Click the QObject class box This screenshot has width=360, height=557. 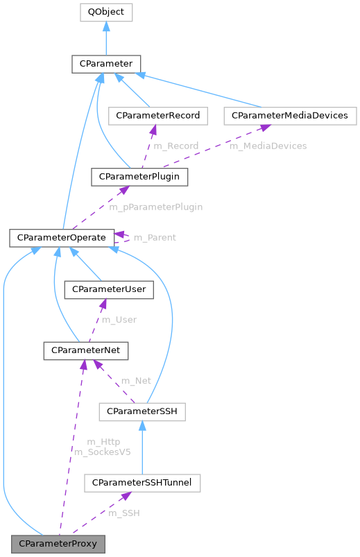pyautogui.click(x=105, y=12)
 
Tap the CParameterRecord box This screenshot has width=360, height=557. pyautogui.click(x=159, y=115)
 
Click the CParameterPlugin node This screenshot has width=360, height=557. pyautogui.click(x=139, y=177)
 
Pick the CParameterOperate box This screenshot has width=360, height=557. pyautogui.click(x=62, y=238)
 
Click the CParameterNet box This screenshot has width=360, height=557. pyautogui.click(x=85, y=351)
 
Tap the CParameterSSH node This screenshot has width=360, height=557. pyautogui.click(x=142, y=412)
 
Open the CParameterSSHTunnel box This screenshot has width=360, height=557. pyautogui.click(x=142, y=481)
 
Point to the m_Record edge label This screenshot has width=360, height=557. pyautogui.click(x=175, y=146)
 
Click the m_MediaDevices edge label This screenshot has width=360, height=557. pyautogui.click(x=268, y=146)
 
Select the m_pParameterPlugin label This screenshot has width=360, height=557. pyautogui.click(x=156, y=207)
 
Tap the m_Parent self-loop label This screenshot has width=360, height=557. pyautogui.click(x=154, y=237)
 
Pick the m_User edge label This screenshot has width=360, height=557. pyautogui.click(x=119, y=320)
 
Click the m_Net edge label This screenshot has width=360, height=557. pyautogui.click(x=136, y=381)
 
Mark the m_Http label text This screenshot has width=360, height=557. pyautogui.click(x=103, y=442)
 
